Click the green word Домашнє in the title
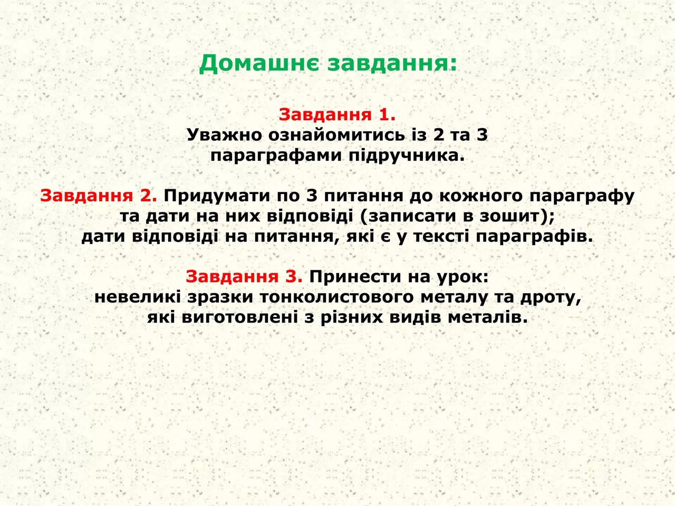(259, 64)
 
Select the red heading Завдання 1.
(337, 114)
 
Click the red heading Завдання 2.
(99, 196)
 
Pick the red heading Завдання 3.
(244, 277)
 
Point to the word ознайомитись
(337, 135)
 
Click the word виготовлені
(239, 318)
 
